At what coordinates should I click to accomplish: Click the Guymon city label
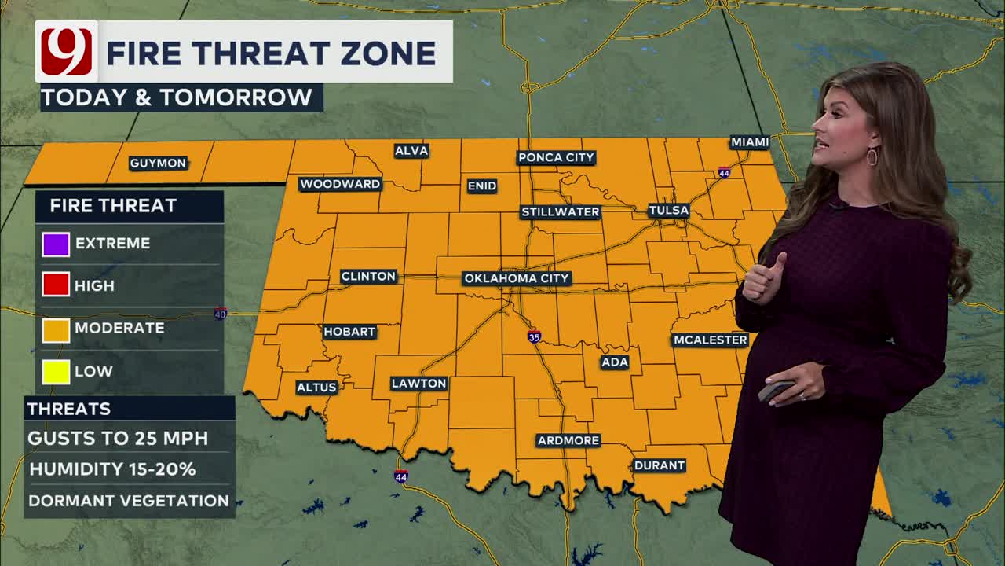click(158, 164)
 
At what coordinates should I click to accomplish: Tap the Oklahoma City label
click(517, 278)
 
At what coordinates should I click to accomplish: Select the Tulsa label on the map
click(668, 211)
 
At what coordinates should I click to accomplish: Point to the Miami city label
click(749, 142)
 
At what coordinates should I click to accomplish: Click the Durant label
click(659, 465)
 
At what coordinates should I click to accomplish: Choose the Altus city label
click(316, 388)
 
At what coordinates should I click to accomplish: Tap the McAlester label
click(710, 340)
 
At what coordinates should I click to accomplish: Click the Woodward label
click(340, 184)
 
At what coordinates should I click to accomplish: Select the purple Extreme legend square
click(56, 244)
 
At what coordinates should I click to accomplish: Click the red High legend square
click(56, 285)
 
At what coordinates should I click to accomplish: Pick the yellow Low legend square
click(56, 371)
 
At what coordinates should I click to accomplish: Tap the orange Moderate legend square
click(56, 329)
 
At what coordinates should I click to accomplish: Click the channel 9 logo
click(66, 52)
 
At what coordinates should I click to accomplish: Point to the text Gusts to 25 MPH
click(118, 439)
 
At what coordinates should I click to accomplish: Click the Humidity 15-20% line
click(112, 469)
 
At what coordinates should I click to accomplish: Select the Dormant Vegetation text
click(129, 501)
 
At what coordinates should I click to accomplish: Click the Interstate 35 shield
click(534, 337)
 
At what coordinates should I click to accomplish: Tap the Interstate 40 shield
click(221, 314)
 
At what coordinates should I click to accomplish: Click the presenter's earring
click(872, 156)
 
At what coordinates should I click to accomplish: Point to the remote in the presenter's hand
click(775, 390)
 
